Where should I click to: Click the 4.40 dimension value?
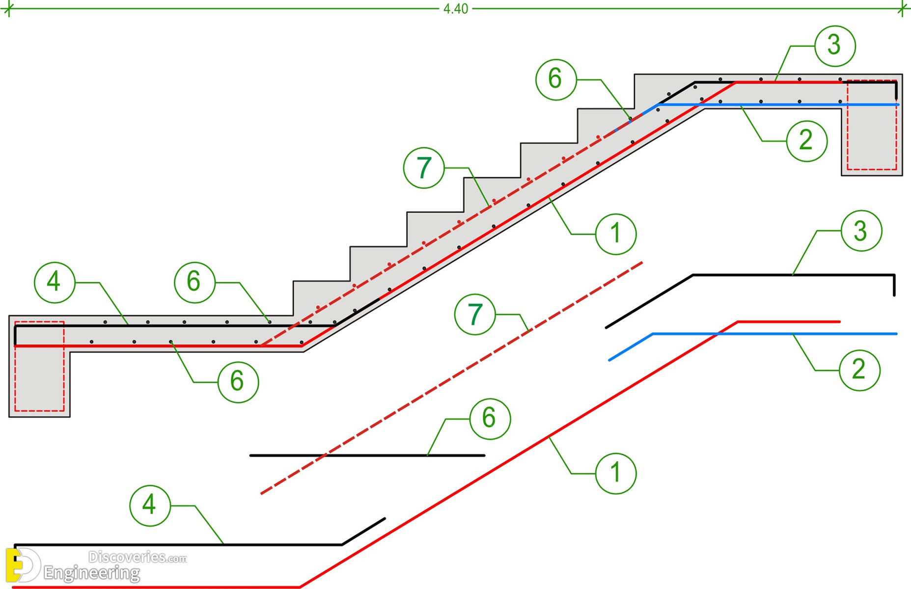coord(456,9)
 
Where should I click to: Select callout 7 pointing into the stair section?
coord(424,168)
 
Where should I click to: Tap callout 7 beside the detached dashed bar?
coord(475,315)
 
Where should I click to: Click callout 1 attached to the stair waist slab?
coord(616,234)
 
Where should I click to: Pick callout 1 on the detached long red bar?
coord(616,473)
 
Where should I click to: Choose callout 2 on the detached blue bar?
coord(859,370)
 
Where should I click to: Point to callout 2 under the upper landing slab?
coord(807,141)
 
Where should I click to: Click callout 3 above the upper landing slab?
coord(835,46)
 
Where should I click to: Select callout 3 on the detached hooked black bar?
coord(861,231)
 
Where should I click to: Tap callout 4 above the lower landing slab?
coord(55,283)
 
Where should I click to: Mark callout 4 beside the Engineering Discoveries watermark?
coord(150,506)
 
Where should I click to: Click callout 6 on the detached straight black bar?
coord(490,419)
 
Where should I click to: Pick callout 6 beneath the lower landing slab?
coord(238,382)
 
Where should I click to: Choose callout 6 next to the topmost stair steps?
coord(556,80)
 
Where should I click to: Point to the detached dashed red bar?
coord(451,378)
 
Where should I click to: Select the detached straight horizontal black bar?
coord(367,455)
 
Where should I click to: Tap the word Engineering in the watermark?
coord(92,573)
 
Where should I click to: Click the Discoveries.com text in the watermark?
coord(138,557)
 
